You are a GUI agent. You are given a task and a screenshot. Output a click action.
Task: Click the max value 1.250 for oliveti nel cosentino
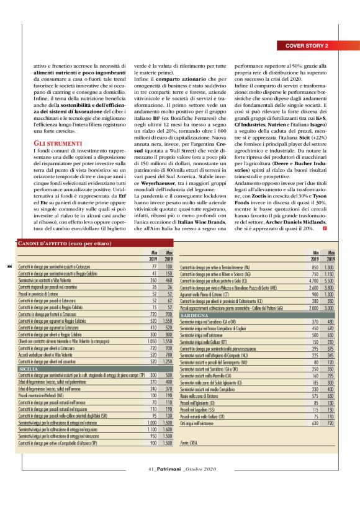coord(167,361)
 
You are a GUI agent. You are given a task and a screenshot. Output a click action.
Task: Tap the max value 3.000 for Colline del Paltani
coord(333,308)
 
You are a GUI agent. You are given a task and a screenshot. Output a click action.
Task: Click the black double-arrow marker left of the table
coord(8,249)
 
